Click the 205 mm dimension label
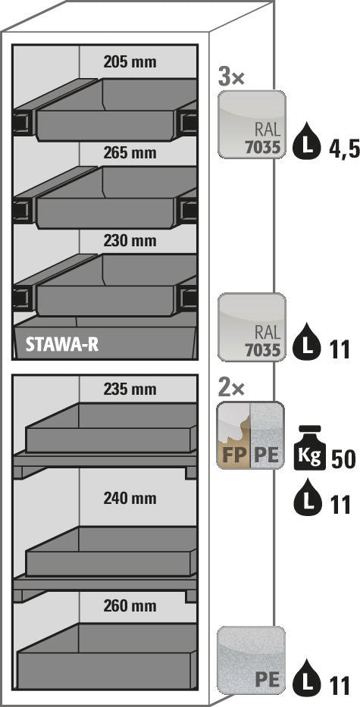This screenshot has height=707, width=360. (130, 62)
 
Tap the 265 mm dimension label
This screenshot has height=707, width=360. (130, 152)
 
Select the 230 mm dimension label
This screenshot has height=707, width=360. (130, 241)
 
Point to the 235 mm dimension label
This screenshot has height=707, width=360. (130, 389)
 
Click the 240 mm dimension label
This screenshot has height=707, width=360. (130, 499)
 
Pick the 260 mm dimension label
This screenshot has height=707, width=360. (130, 605)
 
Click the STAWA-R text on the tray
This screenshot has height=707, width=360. (62, 345)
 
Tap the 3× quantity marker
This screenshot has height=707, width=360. (231, 78)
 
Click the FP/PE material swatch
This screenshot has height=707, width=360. (251, 435)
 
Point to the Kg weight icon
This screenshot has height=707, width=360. (309, 448)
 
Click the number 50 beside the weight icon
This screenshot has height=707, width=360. (343, 459)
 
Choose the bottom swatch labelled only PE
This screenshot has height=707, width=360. (252, 660)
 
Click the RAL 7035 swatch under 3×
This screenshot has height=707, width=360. (252, 124)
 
